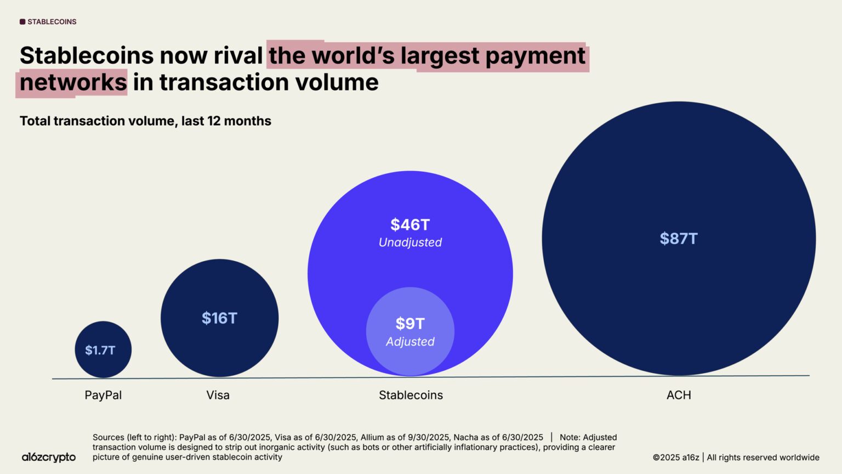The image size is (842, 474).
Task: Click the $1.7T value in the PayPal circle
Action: pos(100,350)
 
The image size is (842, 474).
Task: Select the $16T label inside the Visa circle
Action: pos(219,318)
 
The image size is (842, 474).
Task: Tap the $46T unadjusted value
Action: pos(410,225)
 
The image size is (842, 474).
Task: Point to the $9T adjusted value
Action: pos(410,324)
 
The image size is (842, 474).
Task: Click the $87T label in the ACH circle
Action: pos(679,239)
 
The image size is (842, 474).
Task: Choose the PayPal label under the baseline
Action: pos(103,395)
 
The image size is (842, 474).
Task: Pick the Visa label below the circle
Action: pos(218,395)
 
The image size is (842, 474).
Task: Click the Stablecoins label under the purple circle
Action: pos(411,395)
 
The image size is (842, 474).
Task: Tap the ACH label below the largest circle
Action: pos(679,395)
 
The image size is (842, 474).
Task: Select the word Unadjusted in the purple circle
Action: pos(410,242)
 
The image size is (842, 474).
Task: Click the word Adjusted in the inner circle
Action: pos(410,342)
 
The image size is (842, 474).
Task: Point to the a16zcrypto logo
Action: pos(49,457)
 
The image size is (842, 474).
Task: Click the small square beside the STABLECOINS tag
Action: pos(22,22)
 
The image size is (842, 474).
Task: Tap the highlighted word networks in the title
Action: pos(73,83)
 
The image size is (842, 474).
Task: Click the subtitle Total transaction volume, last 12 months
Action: pos(145,121)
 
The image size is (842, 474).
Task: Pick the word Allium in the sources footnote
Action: pos(373,437)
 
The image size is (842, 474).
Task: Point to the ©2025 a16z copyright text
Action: pos(676,458)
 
